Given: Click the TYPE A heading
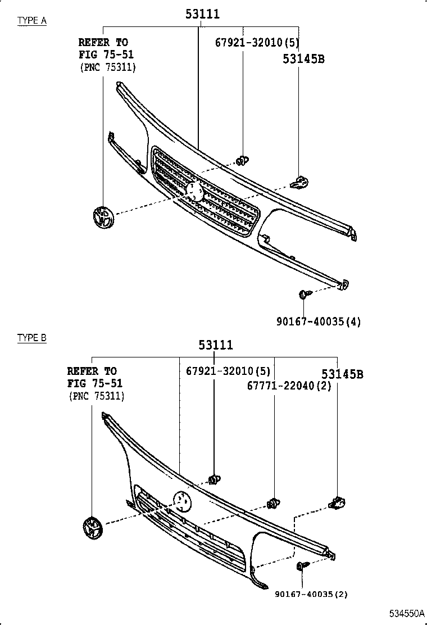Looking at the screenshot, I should [31, 21].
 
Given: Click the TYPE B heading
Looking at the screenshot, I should [31, 338].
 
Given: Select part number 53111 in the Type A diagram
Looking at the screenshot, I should [202, 14].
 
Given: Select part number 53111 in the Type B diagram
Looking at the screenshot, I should [215, 345].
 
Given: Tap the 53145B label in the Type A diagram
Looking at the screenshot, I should [303, 58].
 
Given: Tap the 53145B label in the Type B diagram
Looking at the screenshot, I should [342, 374].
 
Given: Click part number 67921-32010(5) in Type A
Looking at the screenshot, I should [258, 43].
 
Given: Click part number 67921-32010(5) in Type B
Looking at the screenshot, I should [228, 371].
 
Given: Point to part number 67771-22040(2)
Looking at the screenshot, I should [289, 386].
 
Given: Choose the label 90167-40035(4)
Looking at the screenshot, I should [318, 321].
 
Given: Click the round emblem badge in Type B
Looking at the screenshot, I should [91, 528].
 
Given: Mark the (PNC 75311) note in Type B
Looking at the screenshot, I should [96, 396].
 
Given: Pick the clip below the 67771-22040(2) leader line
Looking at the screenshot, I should [274, 503].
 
